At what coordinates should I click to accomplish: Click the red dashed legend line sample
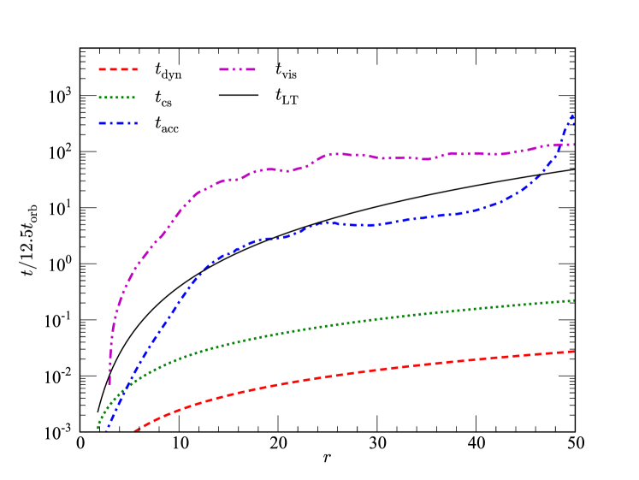click(118, 69)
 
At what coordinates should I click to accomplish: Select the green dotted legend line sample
click(117, 98)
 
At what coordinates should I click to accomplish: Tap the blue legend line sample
click(118, 123)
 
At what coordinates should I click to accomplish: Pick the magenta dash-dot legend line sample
click(237, 69)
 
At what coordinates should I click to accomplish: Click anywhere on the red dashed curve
click(342, 374)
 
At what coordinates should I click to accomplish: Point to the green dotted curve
click(342, 323)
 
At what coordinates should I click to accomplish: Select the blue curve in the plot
click(342, 224)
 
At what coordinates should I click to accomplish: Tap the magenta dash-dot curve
click(342, 154)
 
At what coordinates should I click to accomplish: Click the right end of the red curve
click(573, 352)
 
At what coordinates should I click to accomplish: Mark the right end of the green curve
click(573, 300)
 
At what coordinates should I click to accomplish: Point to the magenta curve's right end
click(573, 145)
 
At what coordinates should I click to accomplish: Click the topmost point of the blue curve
click(572, 114)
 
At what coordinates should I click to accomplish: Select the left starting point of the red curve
click(134, 431)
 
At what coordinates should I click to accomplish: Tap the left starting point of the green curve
click(98, 428)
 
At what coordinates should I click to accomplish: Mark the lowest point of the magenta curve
click(109, 383)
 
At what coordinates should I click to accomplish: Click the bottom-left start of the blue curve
click(108, 426)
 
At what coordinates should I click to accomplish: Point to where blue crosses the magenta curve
click(561, 145)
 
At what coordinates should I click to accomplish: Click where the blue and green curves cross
click(126, 391)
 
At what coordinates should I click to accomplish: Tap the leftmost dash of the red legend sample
click(103, 69)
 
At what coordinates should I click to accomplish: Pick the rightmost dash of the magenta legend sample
click(251, 69)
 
